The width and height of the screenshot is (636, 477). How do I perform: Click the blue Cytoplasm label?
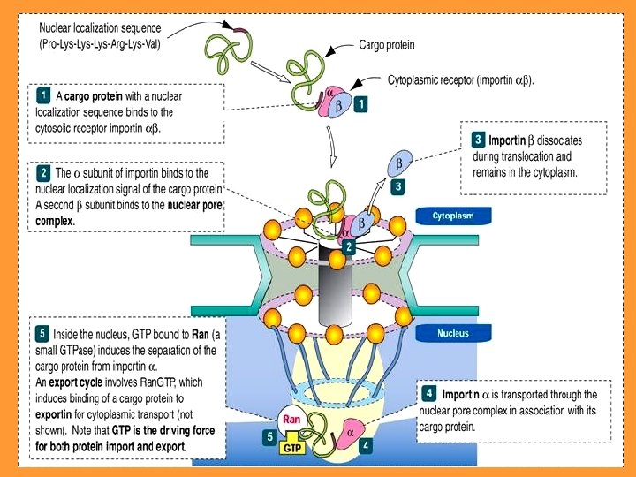pos(453,216)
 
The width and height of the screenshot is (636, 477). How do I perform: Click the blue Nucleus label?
pos(453,333)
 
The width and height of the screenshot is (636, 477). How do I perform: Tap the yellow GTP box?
pos(292,448)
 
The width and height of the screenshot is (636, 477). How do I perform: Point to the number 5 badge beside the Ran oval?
pos(270,436)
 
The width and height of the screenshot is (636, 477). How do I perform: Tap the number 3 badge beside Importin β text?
pos(478,139)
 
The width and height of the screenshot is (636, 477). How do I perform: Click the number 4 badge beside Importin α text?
pos(428,393)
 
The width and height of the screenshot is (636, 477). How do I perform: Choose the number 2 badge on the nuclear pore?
pos(351,247)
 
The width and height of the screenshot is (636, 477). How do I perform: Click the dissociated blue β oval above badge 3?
pos(398,163)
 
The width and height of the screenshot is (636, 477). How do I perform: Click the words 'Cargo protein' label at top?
pos(387,43)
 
